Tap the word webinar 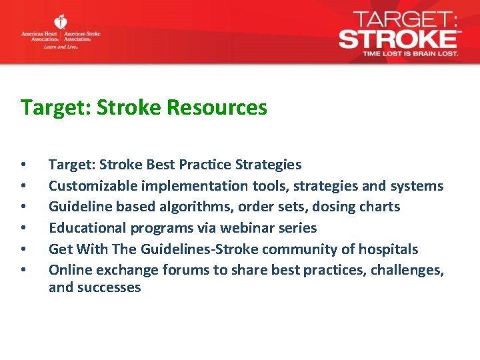tap(247, 228)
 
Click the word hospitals tap(388, 249)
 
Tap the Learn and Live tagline tap(61, 47)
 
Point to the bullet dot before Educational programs tap(23, 228)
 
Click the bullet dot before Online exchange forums tap(23, 270)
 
